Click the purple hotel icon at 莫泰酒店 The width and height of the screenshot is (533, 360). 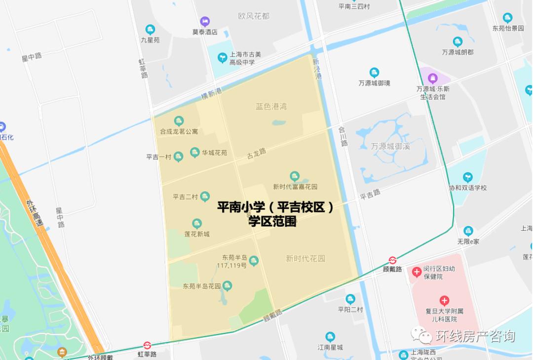point(205,21)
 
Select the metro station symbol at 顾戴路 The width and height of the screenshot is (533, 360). point(392,260)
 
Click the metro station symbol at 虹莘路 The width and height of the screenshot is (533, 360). point(147,346)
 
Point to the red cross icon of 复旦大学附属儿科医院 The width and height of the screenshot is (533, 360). point(444,301)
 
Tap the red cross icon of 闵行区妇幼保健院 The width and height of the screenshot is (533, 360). point(417,272)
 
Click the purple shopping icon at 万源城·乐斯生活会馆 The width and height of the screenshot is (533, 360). point(433,78)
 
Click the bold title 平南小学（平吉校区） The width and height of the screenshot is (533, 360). point(275,207)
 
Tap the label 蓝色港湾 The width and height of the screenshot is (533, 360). point(271,106)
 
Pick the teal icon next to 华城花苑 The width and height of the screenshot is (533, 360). point(195,153)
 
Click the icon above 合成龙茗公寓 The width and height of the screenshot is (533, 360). point(179,121)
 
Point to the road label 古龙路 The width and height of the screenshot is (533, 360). point(257,153)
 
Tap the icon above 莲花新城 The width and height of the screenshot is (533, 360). point(197,224)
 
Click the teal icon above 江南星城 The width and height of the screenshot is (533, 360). point(330,337)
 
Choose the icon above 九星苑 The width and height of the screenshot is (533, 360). point(151,30)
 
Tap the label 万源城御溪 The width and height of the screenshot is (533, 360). point(390,146)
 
